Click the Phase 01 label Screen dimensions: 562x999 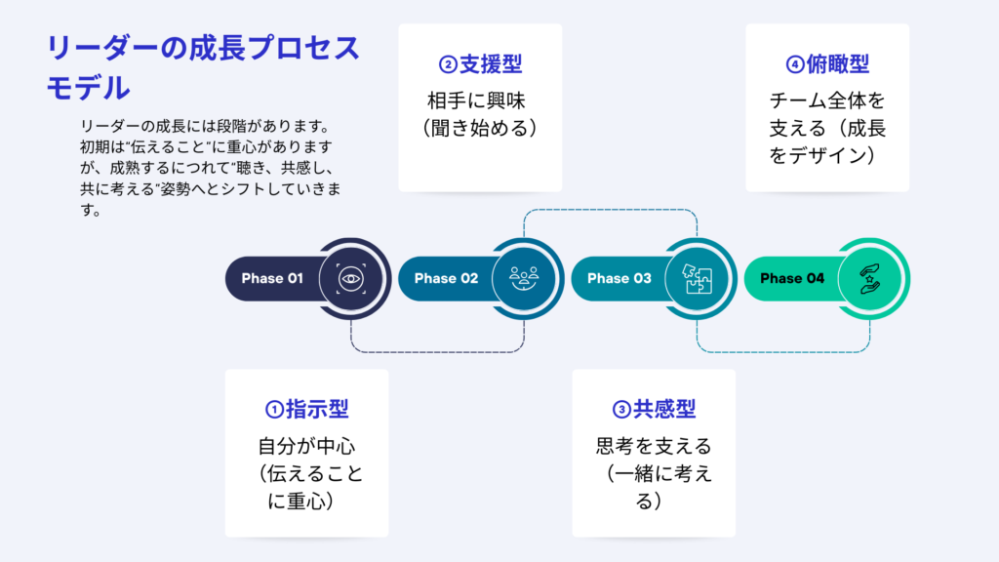tap(272, 278)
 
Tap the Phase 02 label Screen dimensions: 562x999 tap(446, 278)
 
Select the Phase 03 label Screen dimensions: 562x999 tap(619, 278)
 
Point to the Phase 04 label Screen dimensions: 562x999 tap(792, 278)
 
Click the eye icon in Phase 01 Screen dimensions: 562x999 tap(349, 278)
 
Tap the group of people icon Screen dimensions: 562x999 tap(523, 278)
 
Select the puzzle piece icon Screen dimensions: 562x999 tap(697, 278)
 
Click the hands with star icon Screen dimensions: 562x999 tap(869, 278)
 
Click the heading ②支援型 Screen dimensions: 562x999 tap(481, 65)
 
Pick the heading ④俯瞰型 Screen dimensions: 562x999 tap(827, 65)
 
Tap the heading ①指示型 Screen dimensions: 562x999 tap(307, 410)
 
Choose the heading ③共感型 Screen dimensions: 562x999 tap(654, 410)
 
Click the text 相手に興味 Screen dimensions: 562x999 tap(482, 100)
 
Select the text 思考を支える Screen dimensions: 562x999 tap(654, 447)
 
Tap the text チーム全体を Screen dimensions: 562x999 tap(827, 100)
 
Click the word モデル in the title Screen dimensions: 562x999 tap(89, 88)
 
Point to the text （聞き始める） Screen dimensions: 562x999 tap(482, 128)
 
